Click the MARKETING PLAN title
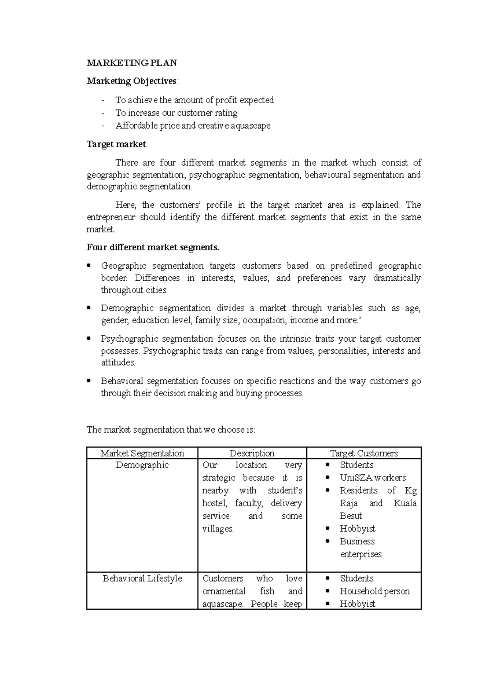pos(132,63)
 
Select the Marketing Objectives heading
pos(132,81)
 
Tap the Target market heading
pos(116,144)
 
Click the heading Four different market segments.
pos(153,248)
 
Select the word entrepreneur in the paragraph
pos(111,218)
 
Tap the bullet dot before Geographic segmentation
pos(89,266)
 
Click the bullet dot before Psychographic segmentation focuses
pos(89,338)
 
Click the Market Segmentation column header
pos(142,453)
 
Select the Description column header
pos(252,453)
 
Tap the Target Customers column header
pos(364,453)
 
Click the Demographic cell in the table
pos(142,465)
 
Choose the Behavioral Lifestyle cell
pos(142,579)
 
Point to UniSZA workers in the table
pos(372,478)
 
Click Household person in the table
pos(374,591)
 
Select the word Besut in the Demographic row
pos(351,516)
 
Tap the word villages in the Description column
pos(217,529)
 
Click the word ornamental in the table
pos(224,591)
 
